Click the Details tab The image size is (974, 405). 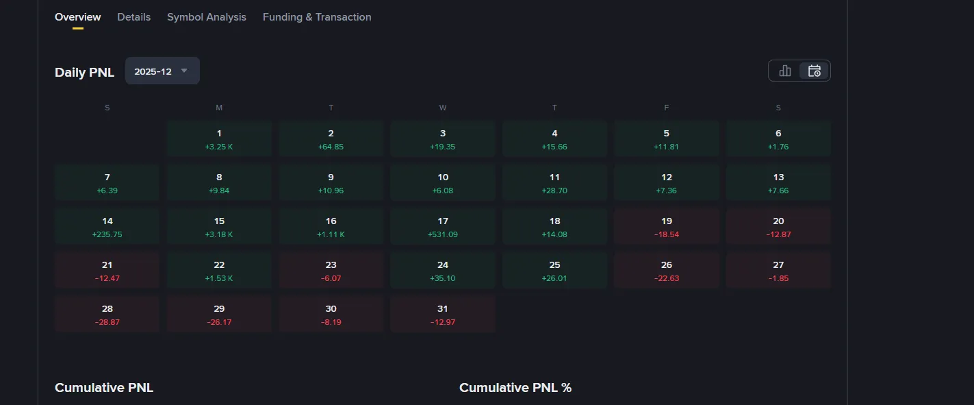(x=133, y=17)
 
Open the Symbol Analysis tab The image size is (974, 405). (x=206, y=17)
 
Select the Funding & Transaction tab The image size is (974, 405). (x=317, y=17)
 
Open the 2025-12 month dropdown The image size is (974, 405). (x=162, y=71)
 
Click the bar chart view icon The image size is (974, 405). (x=785, y=71)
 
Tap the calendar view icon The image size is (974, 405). (x=814, y=71)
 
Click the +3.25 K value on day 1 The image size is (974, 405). (x=219, y=147)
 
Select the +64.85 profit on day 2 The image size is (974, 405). (x=331, y=147)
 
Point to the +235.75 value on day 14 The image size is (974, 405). (x=107, y=234)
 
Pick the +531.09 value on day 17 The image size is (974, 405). (x=443, y=234)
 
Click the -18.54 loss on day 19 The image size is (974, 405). (x=667, y=234)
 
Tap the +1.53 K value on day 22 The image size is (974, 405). (x=219, y=278)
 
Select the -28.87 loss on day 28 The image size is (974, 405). (x=107, y=322)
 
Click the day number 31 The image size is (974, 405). (x=443, y=309)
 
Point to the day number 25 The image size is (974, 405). (x=554, y=265)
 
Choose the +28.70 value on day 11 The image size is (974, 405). (x=554, y=191)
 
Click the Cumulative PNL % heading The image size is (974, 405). (x=515, y=388)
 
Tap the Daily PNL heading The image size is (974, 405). (x=84, y=72)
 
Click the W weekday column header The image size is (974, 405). (x=443, y=108)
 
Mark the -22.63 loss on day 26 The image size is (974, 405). (x=667, y=278)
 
